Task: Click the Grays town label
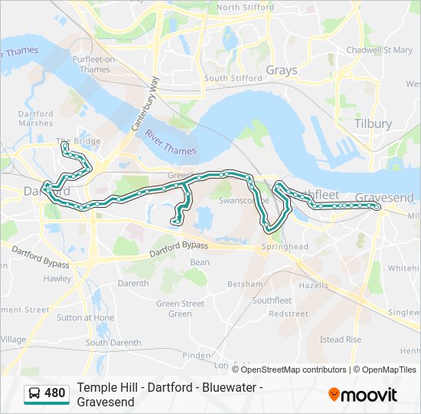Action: (x=281, y=71)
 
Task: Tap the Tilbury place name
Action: (x=373, y=123)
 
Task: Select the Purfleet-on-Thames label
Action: (x=95, y=64)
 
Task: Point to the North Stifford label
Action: (x=245, y=7)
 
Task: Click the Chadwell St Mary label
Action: (x=379, y=50)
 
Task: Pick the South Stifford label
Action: (x=227, y=78)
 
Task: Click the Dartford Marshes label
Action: (x=35, y=119)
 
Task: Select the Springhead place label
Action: (x=284, y=247)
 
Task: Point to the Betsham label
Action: (x=245, y=284)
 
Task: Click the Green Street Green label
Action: (x=180, y=308)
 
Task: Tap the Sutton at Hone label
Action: (x=85, y=317)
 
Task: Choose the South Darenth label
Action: (x=107, y=343)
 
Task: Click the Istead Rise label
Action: (x=340, y=339)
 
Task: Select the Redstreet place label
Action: (x=289, y=314)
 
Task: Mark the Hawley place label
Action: (x=57, y=279)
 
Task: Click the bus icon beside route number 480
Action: (x=34, y=394)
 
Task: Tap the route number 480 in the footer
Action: (x=55, y=393)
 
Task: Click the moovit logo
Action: (x=363, y=395)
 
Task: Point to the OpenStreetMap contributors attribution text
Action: (x=293, y=370)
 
